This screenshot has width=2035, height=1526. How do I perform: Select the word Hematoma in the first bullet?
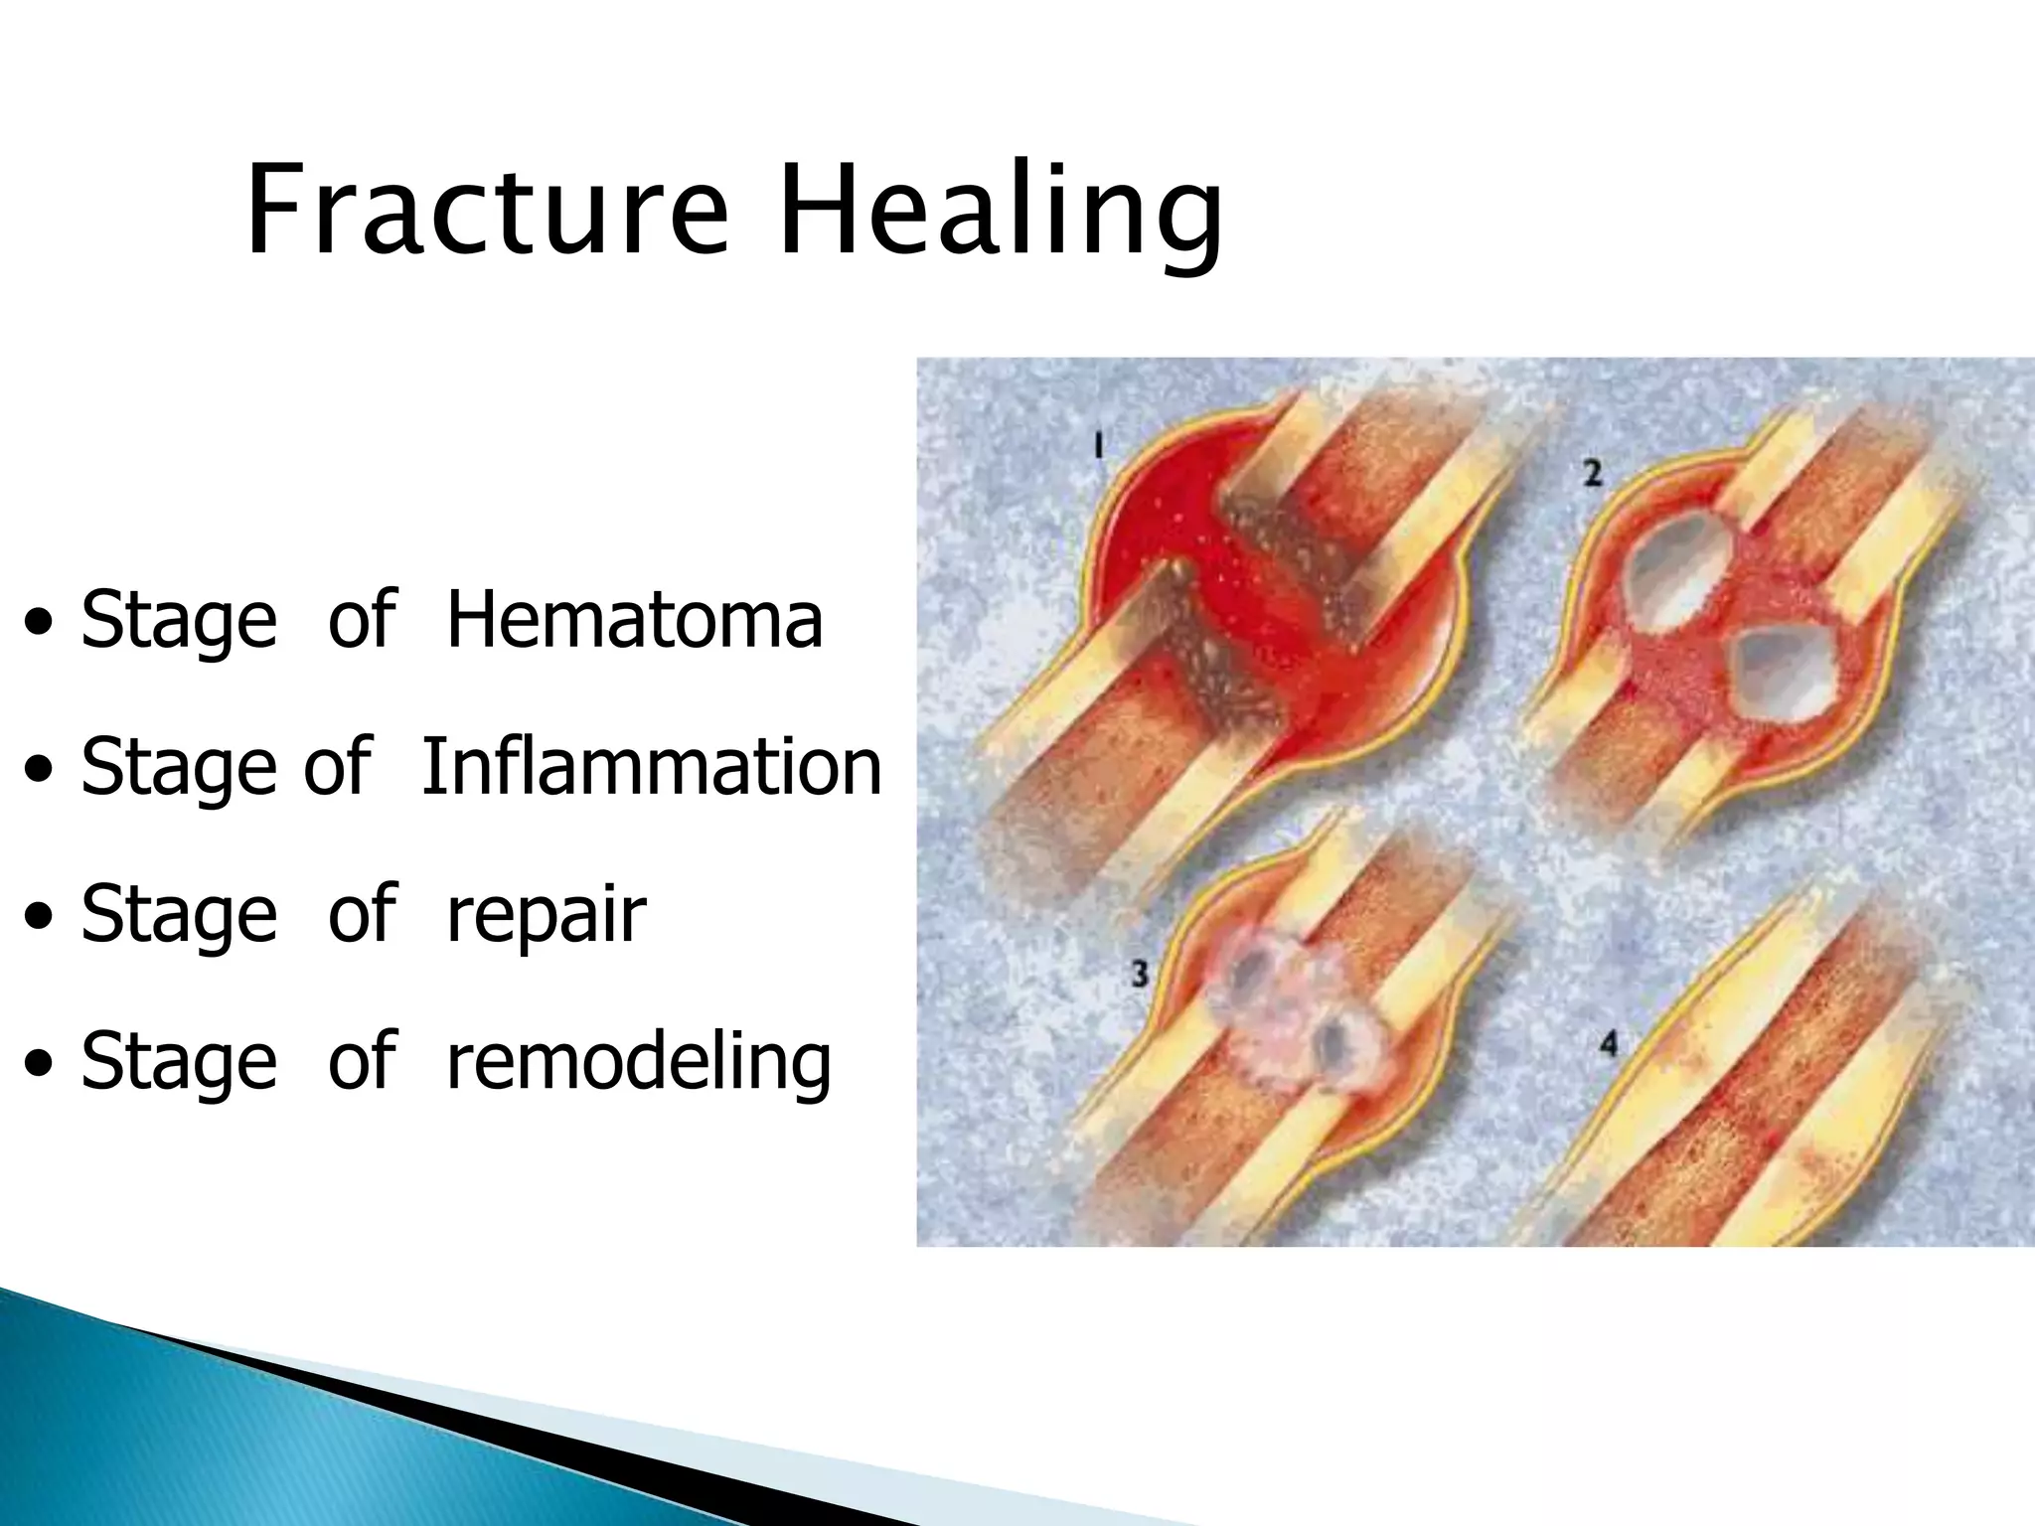pos(634,620)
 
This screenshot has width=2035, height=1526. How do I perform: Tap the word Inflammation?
pos(651,767)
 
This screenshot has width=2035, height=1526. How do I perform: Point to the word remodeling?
pos(638,1061)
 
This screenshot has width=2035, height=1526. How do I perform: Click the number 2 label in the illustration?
pos(1593,474)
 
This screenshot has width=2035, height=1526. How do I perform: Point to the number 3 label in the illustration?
pos(1140,973)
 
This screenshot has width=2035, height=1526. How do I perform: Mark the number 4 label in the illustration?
pos(1609,1043)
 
